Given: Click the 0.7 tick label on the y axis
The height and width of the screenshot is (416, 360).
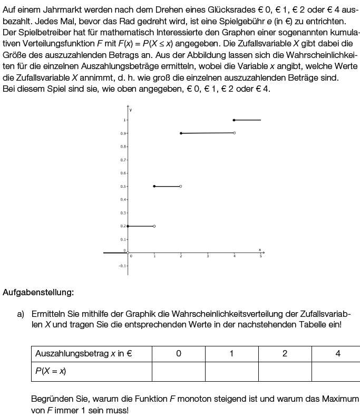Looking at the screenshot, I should coord(123,160).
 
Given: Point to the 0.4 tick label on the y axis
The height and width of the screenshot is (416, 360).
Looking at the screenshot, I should coord(123,199).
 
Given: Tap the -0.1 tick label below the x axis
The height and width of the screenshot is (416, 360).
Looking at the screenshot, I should coord(122,266).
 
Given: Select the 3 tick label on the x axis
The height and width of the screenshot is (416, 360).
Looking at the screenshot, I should coord(207,256).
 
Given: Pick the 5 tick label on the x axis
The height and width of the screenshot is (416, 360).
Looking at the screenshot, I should coord(260,256).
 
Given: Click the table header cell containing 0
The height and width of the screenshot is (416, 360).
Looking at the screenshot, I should coord(179,354).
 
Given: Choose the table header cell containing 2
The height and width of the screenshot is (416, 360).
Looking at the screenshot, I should coord(285,354).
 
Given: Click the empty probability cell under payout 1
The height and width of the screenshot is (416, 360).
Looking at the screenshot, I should coord(231,371).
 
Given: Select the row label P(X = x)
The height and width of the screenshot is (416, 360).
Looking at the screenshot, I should coord(51,371).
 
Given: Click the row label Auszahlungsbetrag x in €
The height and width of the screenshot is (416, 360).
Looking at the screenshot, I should coord(83,354).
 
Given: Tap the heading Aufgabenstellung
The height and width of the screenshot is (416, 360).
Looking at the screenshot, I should coord(38,292).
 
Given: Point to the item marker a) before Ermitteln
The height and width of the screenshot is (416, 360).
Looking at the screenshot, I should coord(21,314).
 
